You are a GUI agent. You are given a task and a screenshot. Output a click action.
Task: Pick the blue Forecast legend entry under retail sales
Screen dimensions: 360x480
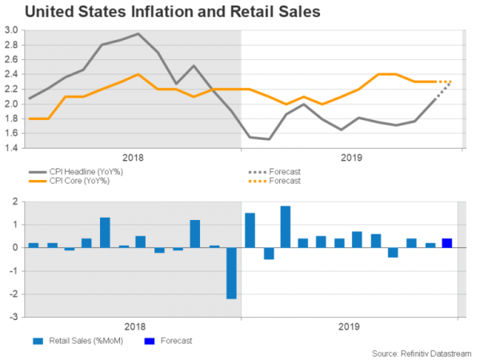pos(175,341)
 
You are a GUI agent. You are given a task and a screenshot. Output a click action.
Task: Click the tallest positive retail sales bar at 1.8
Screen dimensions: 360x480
pos(286,226)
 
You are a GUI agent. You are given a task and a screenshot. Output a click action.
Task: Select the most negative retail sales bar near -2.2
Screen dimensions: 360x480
pos(231,273)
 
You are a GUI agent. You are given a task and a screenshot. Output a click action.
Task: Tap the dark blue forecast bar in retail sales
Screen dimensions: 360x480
pos(447,243)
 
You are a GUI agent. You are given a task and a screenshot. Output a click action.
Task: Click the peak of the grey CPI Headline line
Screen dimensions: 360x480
pos(138,34)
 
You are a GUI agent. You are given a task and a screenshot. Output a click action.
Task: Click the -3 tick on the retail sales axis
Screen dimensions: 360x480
pos(14,318)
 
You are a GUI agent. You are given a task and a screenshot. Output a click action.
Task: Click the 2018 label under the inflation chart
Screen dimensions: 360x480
pos(132,158)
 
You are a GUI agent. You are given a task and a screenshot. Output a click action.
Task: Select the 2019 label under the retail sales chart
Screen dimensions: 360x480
pos(349,326)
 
